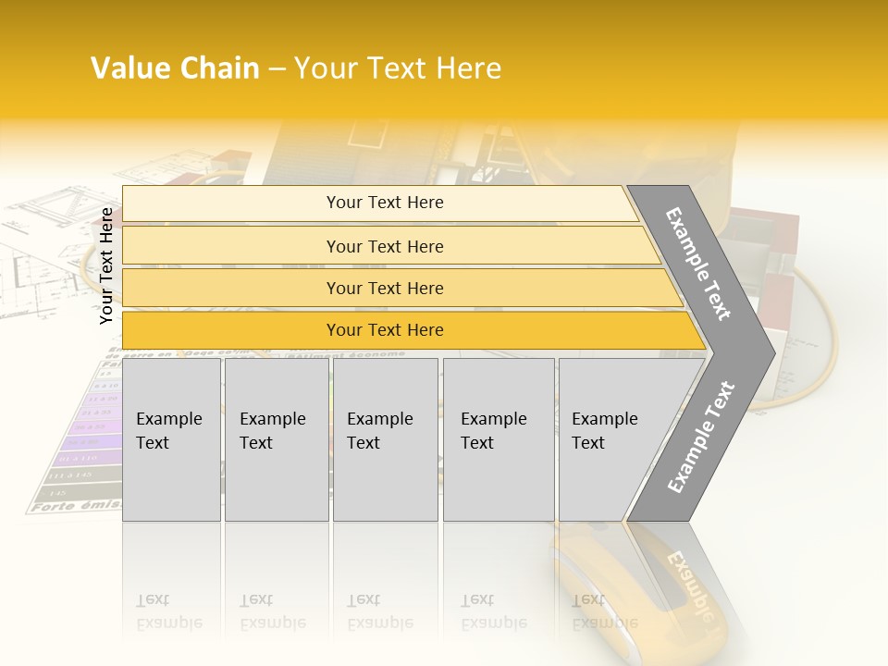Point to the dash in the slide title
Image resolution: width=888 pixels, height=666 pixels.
point(277,69)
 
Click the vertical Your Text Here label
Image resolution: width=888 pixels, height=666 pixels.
point(106,265)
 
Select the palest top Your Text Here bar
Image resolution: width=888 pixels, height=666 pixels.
point(384,203)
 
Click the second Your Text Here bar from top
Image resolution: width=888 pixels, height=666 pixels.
point(384,246)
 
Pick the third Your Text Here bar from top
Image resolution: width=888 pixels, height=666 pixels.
point(384,288)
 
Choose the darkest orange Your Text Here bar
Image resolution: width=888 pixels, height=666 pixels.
point(384,330)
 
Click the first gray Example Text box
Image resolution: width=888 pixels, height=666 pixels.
point(171,439)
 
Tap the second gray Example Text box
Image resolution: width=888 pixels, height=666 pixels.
point(276,439)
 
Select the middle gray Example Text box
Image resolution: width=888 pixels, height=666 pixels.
point(385,439)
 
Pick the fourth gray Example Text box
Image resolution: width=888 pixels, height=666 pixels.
point(499,439)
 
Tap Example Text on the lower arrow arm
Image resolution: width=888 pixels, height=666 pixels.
point(701,438)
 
